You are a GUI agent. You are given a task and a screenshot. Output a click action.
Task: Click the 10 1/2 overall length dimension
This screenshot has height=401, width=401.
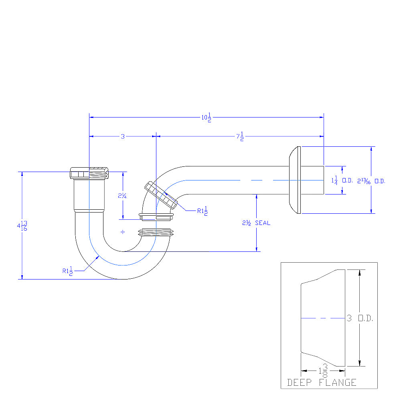(207, 117)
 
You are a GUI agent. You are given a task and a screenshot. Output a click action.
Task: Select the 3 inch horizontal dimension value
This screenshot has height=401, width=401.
(123, 137)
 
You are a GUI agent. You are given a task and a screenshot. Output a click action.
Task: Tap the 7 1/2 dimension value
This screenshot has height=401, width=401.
(240, 137)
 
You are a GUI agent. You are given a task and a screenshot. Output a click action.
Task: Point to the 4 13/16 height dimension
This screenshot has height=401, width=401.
(22, 226)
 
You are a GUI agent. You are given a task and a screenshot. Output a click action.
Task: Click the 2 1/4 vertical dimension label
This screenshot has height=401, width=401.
(122, 196)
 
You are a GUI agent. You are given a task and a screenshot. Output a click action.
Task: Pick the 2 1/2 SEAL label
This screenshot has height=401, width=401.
(256, 223)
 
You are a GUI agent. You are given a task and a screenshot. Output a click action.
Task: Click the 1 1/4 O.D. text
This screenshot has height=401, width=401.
(342, 180)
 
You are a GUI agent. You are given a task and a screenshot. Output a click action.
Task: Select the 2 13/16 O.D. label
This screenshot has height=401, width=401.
(371, 181)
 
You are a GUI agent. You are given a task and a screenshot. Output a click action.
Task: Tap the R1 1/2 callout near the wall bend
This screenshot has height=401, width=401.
(202, 211)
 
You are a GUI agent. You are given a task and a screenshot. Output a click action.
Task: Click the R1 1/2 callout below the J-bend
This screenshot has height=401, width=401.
(67, 271)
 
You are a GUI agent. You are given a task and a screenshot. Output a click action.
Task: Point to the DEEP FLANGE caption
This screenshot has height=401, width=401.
(322, 383)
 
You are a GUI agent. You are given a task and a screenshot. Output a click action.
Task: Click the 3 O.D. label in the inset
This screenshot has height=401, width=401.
(360, 318)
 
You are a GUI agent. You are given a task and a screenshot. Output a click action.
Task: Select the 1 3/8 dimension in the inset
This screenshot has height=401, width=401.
(323, 371)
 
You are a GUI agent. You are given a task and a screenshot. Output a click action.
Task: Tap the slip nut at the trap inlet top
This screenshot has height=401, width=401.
(89, 173)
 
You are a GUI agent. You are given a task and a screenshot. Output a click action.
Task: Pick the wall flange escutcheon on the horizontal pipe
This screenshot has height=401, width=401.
(295, 180)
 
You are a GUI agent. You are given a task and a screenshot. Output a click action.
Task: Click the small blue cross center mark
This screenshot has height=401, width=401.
(123, 232)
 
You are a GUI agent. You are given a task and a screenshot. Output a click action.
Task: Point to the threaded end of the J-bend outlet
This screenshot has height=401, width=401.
(156, 233)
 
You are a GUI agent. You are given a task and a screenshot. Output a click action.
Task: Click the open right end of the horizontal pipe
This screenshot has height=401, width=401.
(324, 180)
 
